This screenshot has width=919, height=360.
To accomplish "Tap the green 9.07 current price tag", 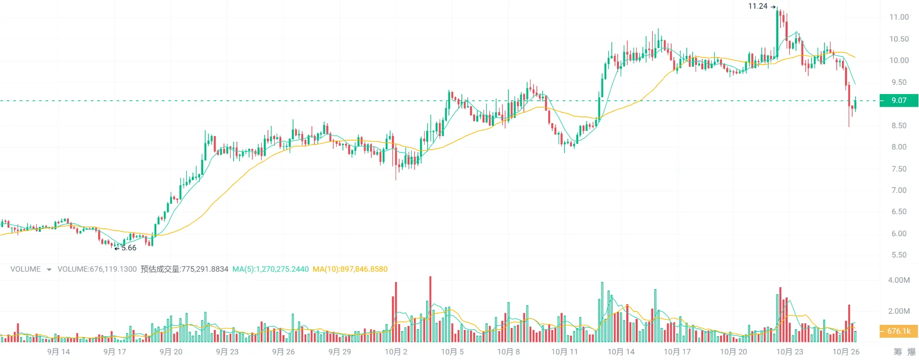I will (898, 100).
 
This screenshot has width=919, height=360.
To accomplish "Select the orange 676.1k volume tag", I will (898, 331).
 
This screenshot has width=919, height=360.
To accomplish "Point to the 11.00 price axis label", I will (899, 17).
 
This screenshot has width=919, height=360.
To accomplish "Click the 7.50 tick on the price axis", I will (899, 169).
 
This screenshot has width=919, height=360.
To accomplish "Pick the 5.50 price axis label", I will (899, 255).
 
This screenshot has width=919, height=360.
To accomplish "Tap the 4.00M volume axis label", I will (899, 280).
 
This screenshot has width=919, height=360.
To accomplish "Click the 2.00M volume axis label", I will (899, 311).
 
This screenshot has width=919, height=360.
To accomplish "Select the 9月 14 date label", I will (58, 352).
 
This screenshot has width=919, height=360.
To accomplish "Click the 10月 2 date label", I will (396, 352).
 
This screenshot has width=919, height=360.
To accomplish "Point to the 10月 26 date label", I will (846, 352).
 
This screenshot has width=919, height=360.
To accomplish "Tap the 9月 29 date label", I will (340, 352).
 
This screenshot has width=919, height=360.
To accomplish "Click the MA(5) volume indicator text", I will (270, 269).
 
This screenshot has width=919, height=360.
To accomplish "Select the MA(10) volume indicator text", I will (350, 269).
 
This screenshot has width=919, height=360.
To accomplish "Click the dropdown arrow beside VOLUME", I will (49, 269).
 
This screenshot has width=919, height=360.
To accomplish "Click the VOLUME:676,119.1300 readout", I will (97, 269).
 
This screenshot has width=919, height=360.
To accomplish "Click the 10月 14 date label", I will (621, 352).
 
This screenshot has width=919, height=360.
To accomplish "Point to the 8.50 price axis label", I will (899, 126).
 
